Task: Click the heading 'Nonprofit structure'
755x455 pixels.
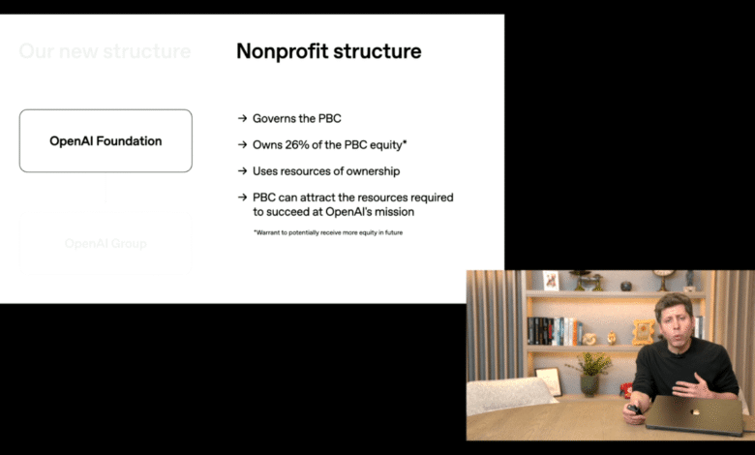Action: (x=328, y=51)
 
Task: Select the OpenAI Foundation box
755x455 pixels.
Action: (x=106, y=141)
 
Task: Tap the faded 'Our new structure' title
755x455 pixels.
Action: (x=105, y=51)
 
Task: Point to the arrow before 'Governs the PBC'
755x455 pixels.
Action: (x=242, y=118)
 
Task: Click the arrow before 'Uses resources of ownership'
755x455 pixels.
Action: (x=242, y=171)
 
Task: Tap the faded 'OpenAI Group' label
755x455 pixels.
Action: (x=106, y=244)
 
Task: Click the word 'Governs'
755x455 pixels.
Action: (x=274, y=118)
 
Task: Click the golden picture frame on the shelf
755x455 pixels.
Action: (x=643, y=331)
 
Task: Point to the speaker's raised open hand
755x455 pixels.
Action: (x=692, y=388)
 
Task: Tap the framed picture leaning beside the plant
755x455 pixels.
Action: (x=549, y=380)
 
